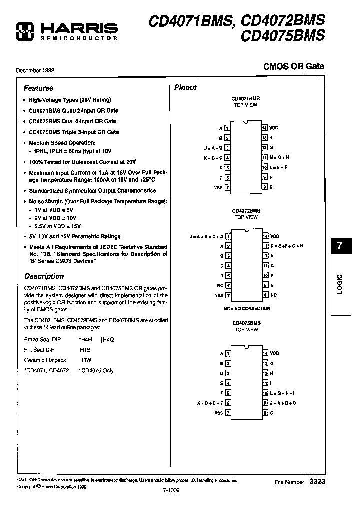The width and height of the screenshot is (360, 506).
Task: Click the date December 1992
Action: (35, 70)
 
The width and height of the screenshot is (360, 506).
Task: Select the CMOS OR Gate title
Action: (293, 66)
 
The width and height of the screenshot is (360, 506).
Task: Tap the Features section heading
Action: (38, 88)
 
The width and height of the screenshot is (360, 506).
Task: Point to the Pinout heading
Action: (185, 87)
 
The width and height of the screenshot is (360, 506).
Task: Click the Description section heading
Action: (44, 276)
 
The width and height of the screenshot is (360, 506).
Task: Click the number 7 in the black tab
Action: (339, 246)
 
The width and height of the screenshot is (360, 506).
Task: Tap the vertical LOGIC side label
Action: (339, 284)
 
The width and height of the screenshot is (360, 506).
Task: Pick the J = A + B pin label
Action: (213, 148)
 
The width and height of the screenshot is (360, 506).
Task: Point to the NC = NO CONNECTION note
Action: (247, 308)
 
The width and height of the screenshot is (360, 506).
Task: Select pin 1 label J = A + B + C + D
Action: (206, 236)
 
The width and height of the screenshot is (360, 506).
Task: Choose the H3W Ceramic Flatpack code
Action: (86, 360)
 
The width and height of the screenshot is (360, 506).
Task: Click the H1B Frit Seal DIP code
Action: (85, 350)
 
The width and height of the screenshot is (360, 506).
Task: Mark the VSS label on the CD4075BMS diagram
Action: (219, 413)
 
